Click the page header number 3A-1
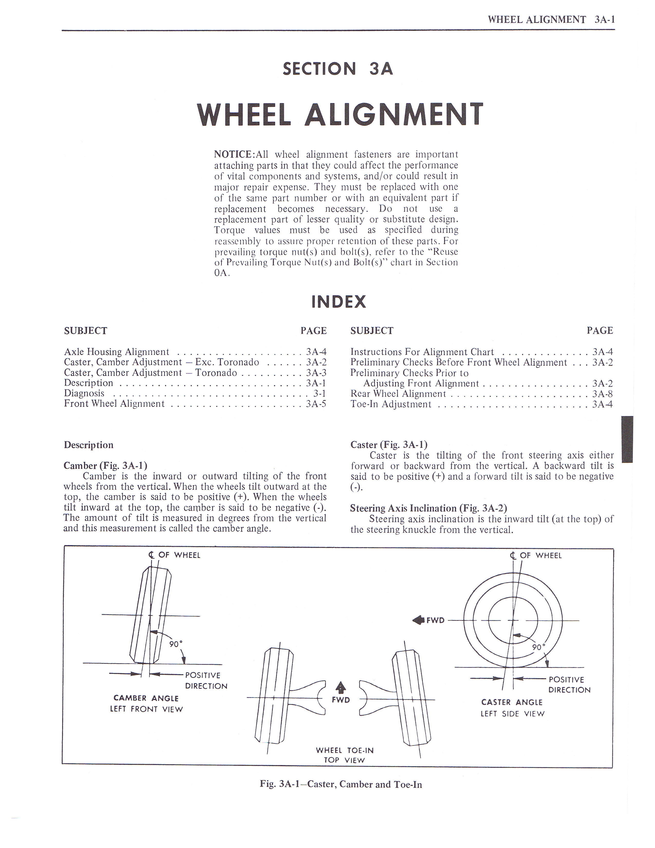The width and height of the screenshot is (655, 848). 604,20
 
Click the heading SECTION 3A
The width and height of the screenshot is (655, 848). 338,69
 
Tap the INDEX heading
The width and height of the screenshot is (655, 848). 338,302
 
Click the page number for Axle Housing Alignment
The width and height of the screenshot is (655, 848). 316,352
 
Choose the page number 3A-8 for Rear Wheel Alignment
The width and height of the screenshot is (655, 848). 602,394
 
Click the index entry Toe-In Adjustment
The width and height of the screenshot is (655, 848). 390,404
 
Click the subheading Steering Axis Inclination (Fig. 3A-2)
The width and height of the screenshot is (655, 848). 428,508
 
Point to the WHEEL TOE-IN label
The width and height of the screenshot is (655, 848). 344,751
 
